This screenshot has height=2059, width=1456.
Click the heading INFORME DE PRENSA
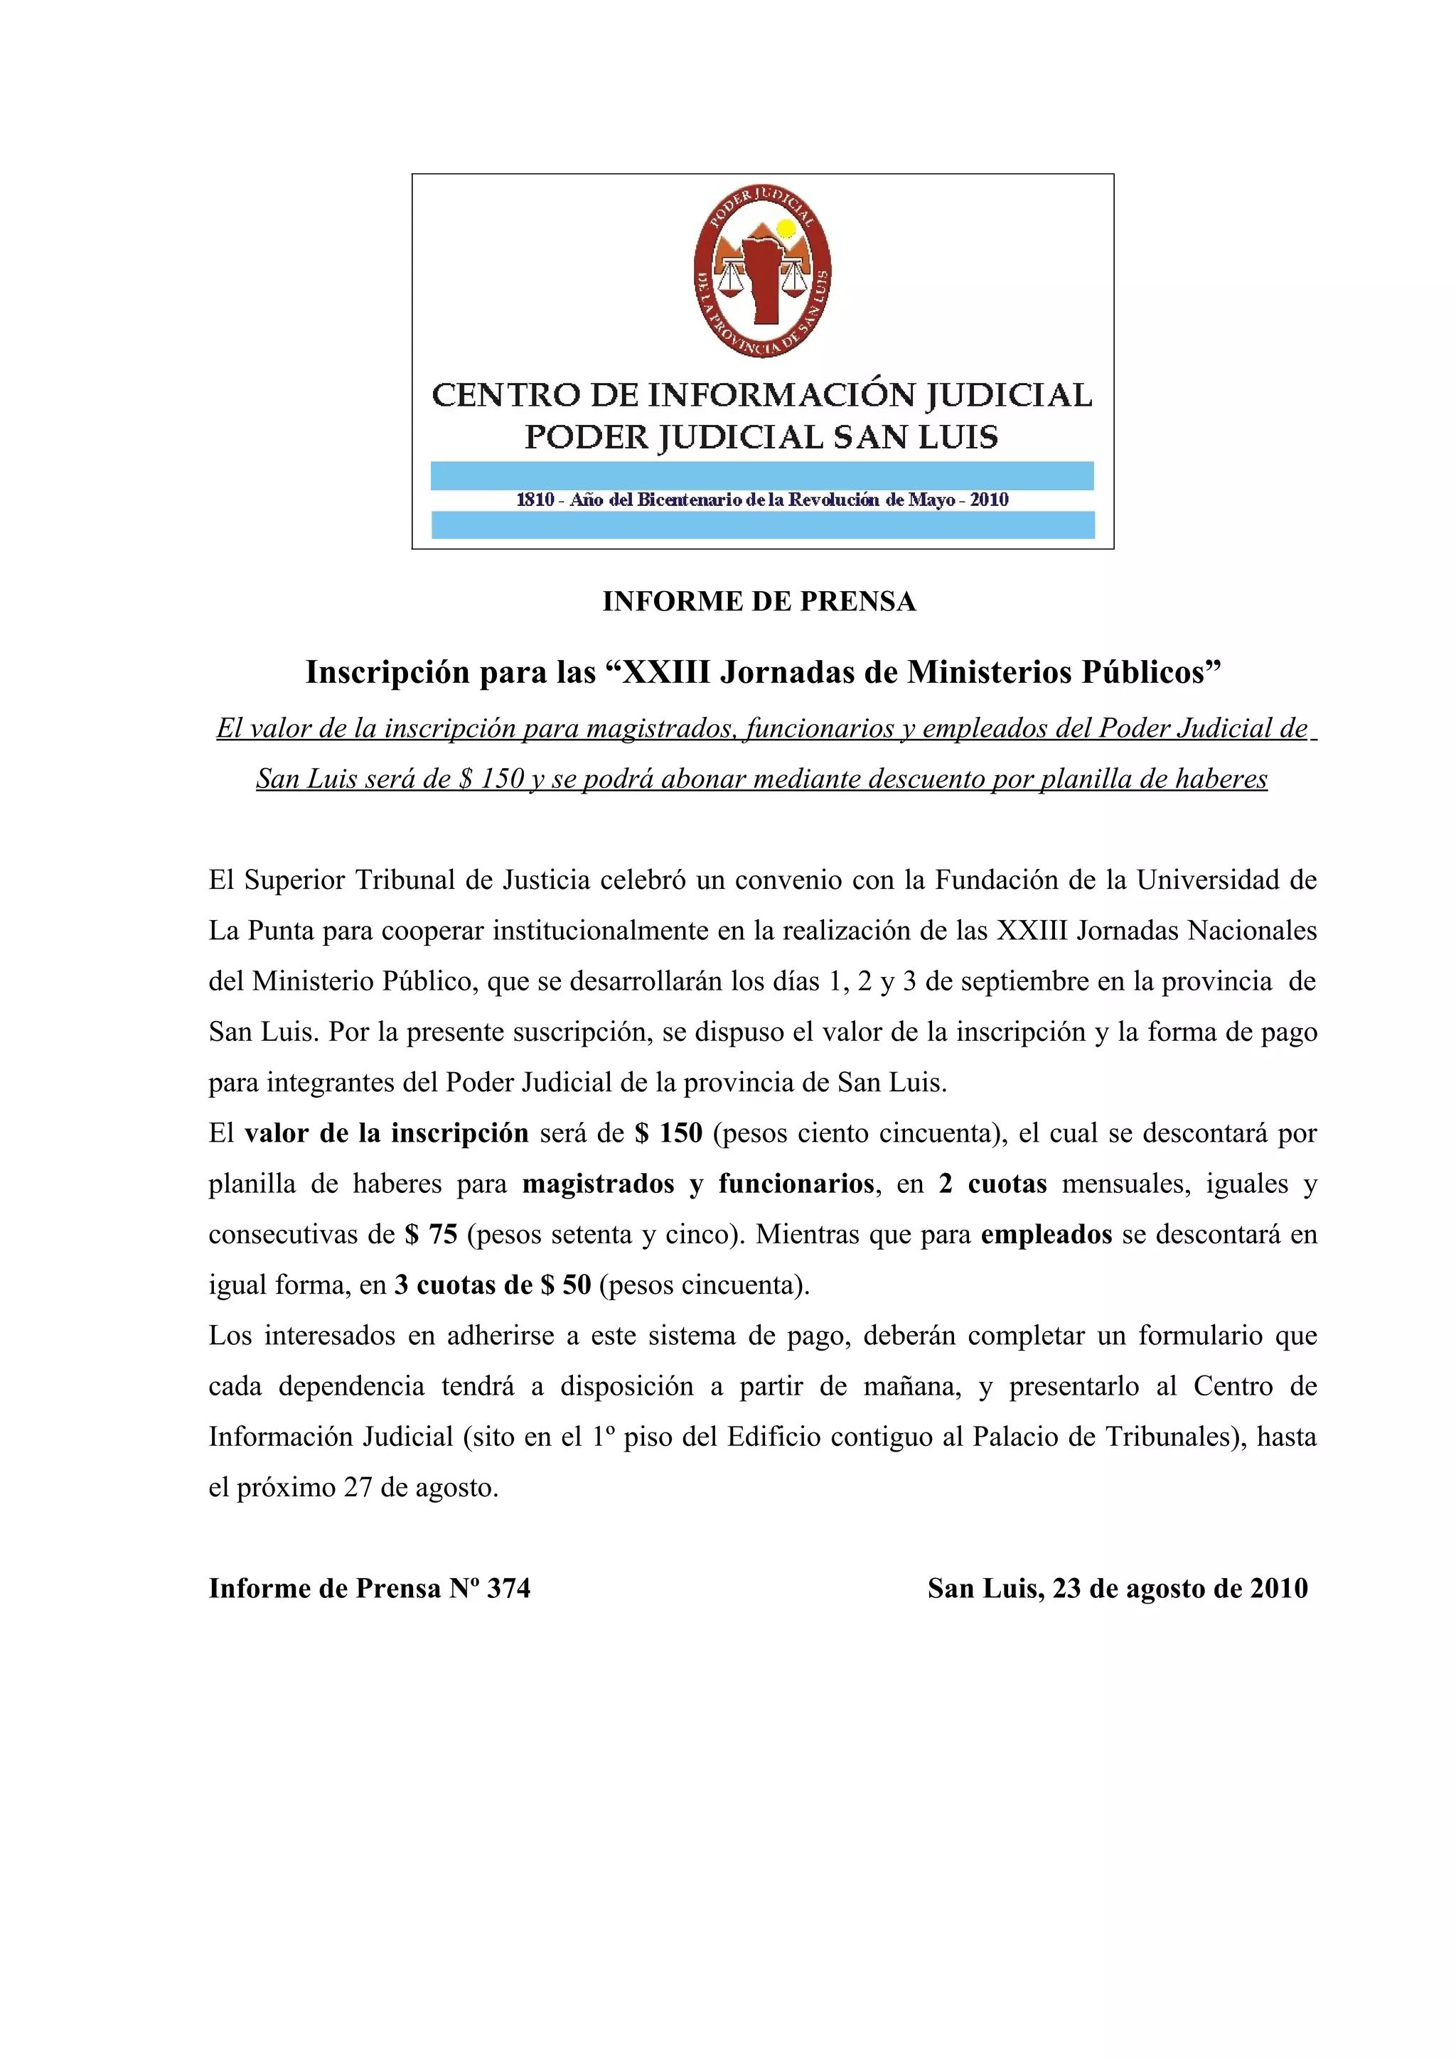(759, 602)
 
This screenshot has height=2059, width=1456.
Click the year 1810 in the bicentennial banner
(535, 499)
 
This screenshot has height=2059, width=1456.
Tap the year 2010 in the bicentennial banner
(990, 499)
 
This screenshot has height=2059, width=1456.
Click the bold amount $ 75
(431, 1235)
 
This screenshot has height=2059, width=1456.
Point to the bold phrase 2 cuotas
(992, 1184)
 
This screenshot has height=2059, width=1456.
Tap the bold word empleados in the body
(1046, 1235)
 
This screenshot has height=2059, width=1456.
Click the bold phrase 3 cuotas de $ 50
(493, 1285)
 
